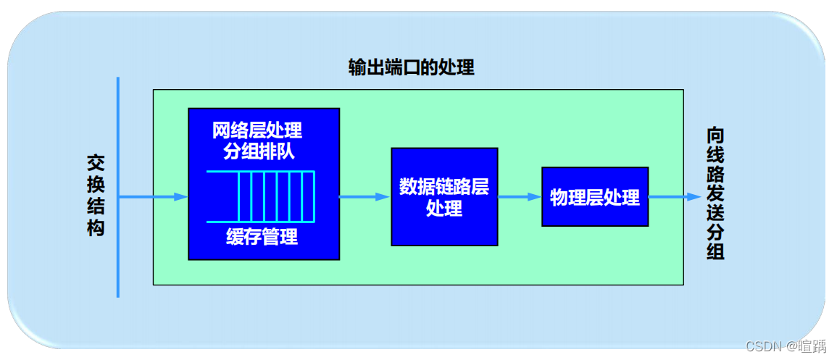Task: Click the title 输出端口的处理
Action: coord(411,68)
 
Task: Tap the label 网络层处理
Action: coord(257,131)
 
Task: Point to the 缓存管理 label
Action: coord(262,237)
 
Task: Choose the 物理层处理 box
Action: coord(594,197)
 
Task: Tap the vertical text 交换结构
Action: coord(96,196)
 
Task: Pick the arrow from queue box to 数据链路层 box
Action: coord(365,196)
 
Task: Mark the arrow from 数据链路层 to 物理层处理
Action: coord(520,196)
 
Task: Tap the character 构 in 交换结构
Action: coord(96,227)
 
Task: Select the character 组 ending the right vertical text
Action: coord(715,251)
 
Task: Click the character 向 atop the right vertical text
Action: coord(715,136)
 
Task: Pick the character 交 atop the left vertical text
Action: coord(96,162)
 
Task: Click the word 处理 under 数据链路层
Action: coord(444,209)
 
